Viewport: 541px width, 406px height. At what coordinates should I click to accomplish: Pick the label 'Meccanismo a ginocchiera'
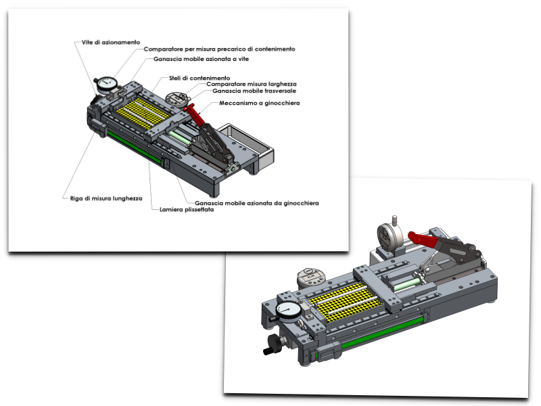click(x=259, y=103)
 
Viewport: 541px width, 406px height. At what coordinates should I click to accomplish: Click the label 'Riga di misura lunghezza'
click(x=106, y=198)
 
